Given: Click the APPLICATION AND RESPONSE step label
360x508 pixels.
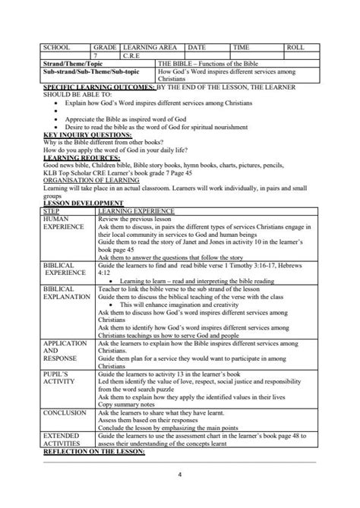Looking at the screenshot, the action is click(65, 352).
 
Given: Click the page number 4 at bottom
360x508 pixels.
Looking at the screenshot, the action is click(179, 475).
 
